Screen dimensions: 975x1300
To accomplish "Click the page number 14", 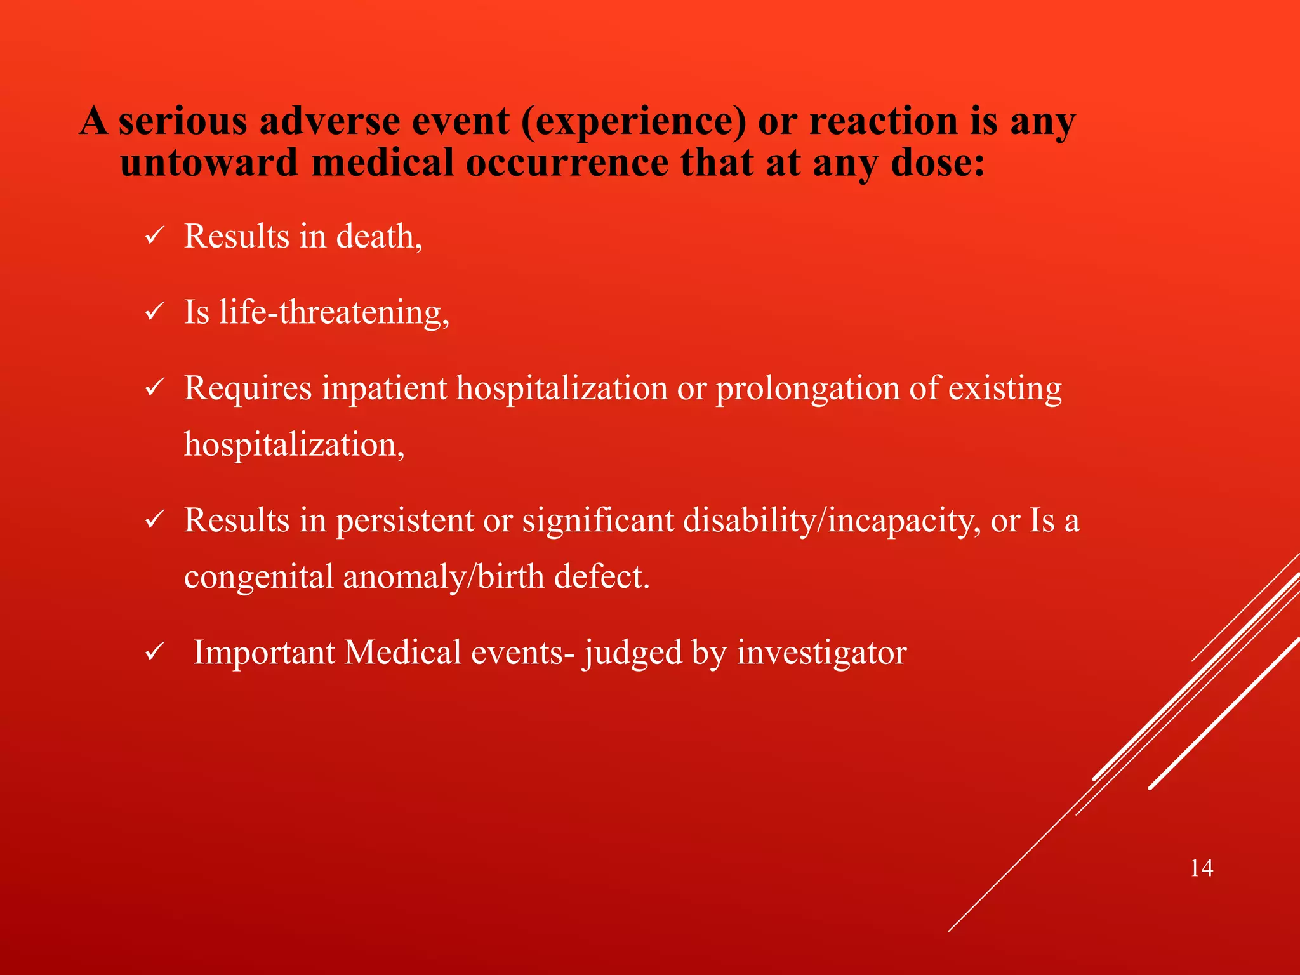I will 1202,868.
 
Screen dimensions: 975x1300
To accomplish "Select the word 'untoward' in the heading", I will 209,162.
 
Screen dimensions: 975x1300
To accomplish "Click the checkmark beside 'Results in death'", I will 155,237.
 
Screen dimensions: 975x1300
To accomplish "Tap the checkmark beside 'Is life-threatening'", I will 155,313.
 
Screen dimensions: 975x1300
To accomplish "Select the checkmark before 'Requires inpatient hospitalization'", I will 155,388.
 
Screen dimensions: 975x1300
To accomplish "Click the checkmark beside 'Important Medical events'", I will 155,653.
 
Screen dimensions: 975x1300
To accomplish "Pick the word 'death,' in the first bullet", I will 379,237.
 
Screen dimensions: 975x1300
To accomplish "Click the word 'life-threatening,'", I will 335,313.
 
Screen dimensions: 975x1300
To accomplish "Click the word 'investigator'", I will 822,653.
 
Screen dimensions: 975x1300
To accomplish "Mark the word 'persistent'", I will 404,521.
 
